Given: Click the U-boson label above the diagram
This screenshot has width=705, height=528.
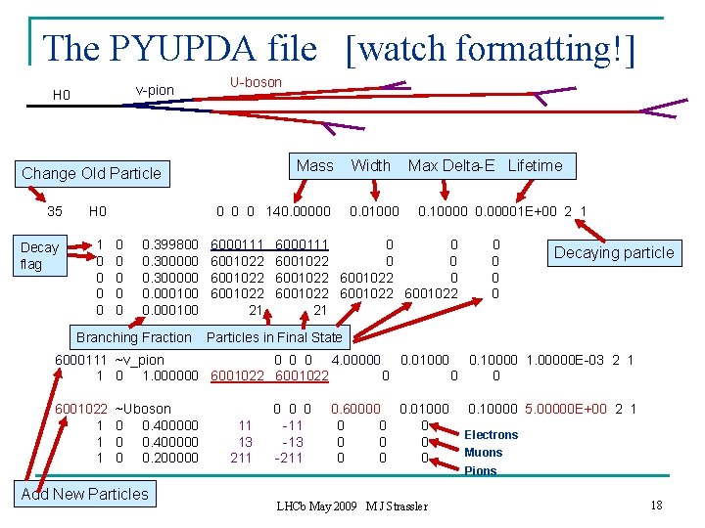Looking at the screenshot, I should [256, 82].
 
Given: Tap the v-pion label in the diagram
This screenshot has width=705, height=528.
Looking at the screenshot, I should [155, 90].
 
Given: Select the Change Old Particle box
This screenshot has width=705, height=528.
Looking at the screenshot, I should [91, 173].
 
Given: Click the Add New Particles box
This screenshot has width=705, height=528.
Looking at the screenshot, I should [85, 494].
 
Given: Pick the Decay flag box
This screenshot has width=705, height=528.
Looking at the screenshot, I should [40, 255].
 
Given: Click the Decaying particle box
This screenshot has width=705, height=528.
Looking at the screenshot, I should [614, 252].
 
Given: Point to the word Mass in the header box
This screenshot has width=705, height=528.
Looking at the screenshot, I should [314, 165].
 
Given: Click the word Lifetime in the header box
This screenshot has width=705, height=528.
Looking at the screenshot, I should [535, 165].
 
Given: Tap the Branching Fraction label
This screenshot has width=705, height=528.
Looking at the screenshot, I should [134, 337].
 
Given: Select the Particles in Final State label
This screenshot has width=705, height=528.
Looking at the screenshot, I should [274, 337].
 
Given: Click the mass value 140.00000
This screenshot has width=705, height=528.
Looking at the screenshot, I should [300, 210].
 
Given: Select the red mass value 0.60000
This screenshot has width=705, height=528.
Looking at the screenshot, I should [356, 409].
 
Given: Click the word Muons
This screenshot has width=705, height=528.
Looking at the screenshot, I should [483, 453].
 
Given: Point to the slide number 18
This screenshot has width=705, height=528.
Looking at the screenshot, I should [655, 505].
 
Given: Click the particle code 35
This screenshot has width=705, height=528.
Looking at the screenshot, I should [55, 210].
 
